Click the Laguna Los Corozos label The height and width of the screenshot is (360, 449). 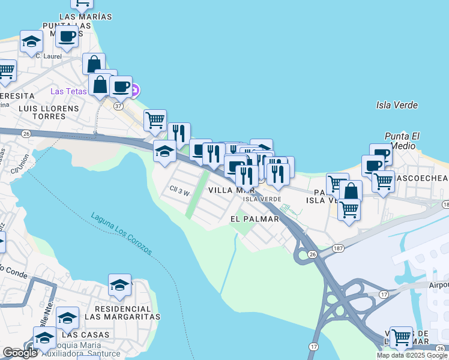point(121,234)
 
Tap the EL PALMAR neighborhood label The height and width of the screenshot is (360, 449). point(255,219)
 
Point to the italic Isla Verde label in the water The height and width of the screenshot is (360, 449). point(397,105)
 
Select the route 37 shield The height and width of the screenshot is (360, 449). point(118,106)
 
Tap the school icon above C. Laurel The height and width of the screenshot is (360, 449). point(31,41)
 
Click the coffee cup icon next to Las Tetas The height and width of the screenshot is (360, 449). point(121,86)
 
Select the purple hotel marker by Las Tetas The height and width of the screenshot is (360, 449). point(135,91)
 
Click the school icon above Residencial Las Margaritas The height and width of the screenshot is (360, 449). point(120,285)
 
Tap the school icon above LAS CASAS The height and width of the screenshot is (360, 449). point(67,317)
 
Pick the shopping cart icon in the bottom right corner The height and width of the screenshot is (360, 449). point(400,337)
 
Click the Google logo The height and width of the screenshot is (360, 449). point(20,353)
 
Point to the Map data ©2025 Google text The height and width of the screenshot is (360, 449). point(412,355)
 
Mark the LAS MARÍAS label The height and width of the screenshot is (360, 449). point(86,16)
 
